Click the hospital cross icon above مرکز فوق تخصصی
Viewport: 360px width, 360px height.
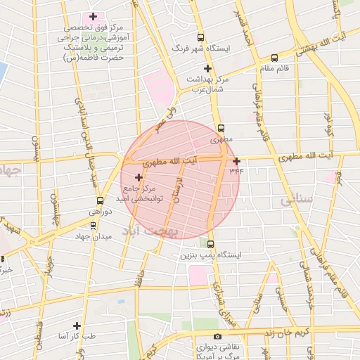point(93,15)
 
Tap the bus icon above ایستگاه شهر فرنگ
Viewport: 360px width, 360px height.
point(201,38)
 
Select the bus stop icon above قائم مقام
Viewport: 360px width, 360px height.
point(274,58)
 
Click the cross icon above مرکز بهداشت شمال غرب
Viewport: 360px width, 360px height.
point(207,68)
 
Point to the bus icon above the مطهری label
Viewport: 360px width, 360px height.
point(221,129)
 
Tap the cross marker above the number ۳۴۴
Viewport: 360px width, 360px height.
point(236,161)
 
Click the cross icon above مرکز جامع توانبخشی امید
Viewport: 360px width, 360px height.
point(138,177)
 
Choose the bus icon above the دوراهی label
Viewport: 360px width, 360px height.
point(100,200)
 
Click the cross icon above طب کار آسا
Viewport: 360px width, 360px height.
point(75,326)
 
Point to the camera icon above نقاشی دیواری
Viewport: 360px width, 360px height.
point(217,336)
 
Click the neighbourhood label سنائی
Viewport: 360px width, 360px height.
point(295,200)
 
